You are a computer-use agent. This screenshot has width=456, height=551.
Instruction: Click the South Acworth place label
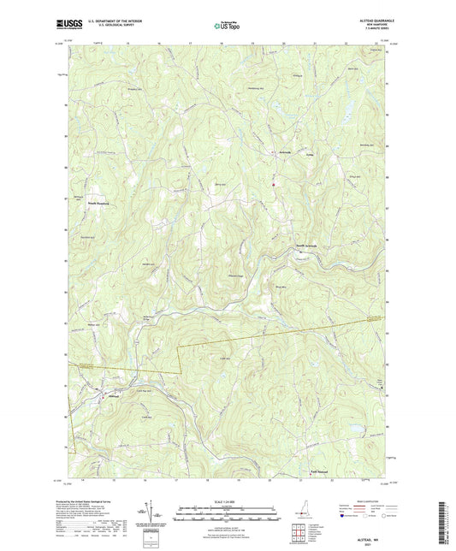coord(307,246)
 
